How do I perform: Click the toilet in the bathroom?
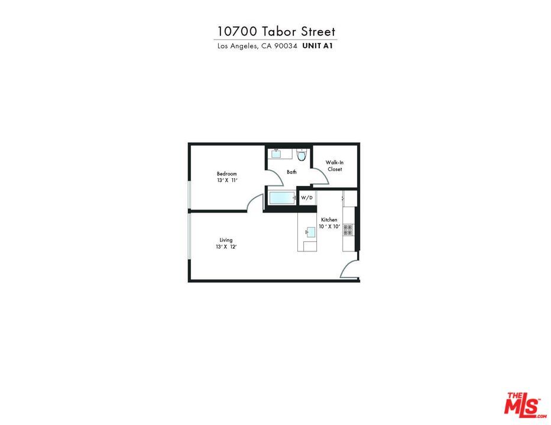[302, 155]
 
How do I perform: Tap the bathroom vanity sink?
[276, 154]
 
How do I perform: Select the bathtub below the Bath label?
[281, 197]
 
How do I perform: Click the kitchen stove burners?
[348, 230]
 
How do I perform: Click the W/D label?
[307, 198]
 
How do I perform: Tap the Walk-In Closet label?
[335, 166]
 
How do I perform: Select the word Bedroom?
[226, 174]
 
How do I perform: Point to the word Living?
[226, 240]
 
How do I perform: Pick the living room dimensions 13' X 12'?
[226, 247]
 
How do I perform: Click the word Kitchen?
[329, 220]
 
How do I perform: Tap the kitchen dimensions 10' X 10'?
[329, 226]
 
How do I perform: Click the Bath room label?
[291, 172]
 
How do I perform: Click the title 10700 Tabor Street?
[275, 31]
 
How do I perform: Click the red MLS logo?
[522, 405]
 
